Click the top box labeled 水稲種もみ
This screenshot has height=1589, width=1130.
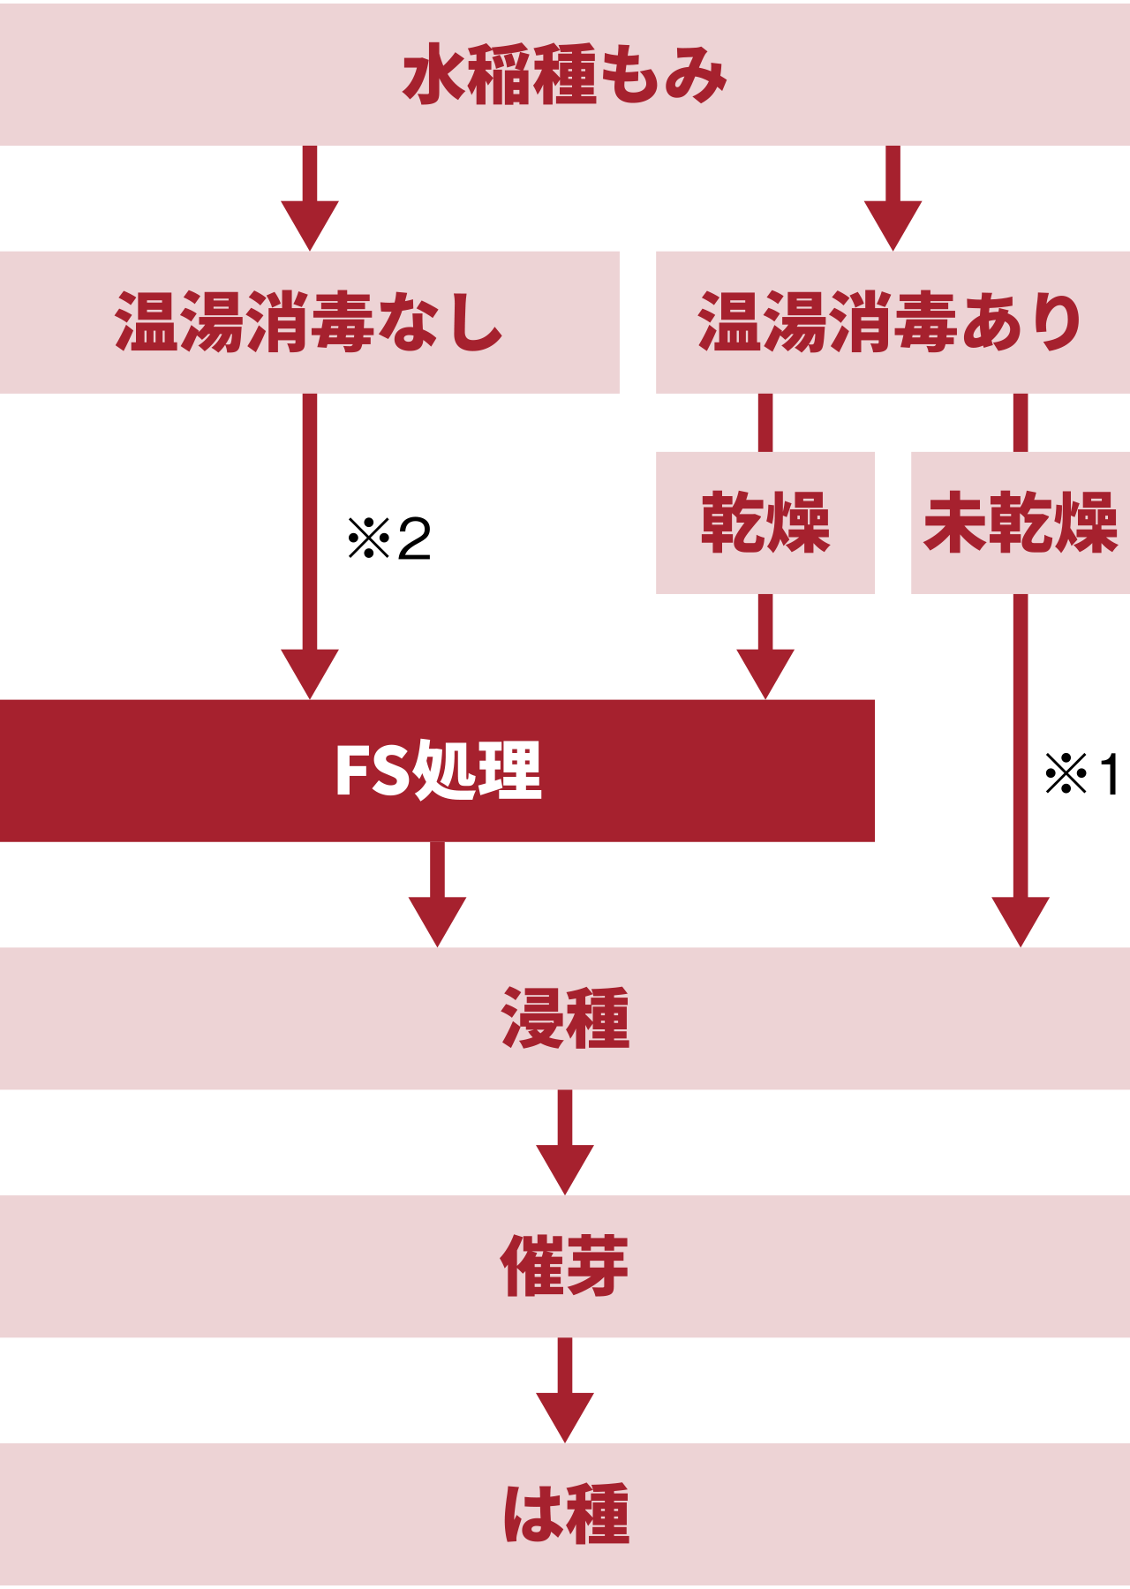[x=565, y=74]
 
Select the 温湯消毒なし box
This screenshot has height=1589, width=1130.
[x=309, y=322]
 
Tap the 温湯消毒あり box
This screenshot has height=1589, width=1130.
[x=892, y=322]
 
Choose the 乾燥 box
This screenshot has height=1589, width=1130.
[x=765, y=523]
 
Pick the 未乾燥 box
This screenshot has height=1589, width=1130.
[x=1020, y=523]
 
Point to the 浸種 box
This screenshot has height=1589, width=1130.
[x=565, y=1018]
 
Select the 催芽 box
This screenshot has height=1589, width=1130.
[x=565, y=1266]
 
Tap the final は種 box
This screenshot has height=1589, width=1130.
[x=565, y=1513]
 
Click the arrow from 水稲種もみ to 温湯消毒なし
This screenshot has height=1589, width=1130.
[x=310, y=199]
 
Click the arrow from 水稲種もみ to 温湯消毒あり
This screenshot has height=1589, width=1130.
[x=893, y=199]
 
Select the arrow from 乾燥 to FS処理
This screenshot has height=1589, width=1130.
[x=765, y=649]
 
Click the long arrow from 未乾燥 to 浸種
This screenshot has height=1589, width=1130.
[x=1021, y=768]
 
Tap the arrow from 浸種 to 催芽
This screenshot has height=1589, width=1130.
[x=565, y=1143]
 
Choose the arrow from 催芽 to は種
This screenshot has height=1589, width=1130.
[x=565, y=1391]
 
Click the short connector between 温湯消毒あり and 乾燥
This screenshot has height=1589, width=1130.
[x=765, y=422]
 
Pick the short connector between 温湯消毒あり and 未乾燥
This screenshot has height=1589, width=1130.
[x=1021, y=422]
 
